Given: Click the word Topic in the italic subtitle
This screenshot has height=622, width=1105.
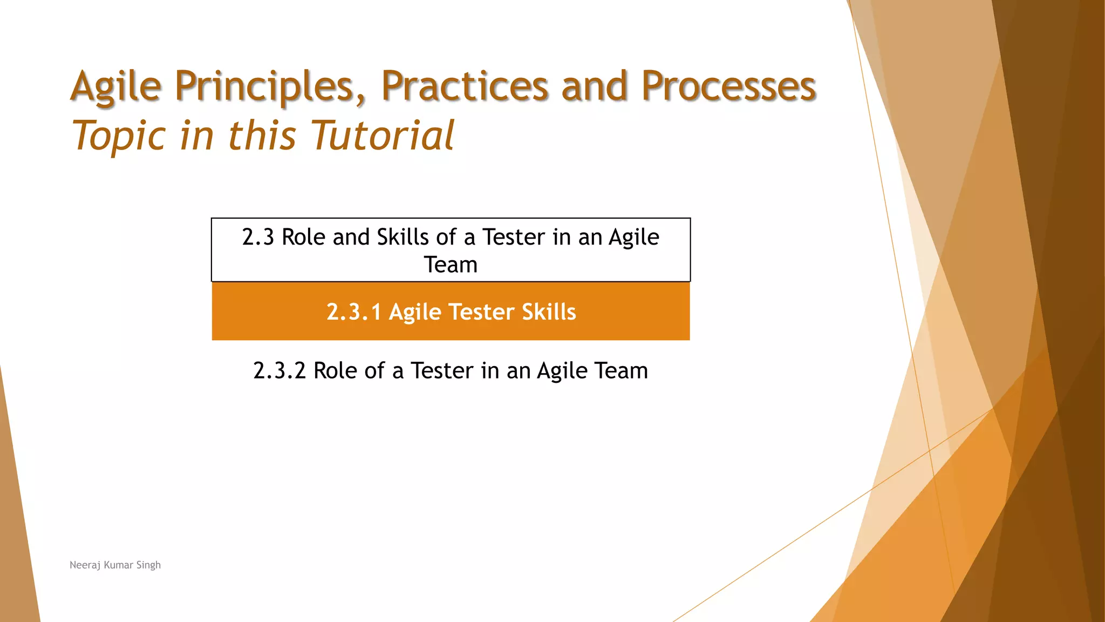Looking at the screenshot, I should (119, 136).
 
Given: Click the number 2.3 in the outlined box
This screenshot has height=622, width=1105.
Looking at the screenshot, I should (258, 238).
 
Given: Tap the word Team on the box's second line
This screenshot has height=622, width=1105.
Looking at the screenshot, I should (451, 265).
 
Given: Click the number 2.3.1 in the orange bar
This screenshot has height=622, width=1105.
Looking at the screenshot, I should (354, 312).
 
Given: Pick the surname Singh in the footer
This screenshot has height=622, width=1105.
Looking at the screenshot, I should (148, 565).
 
